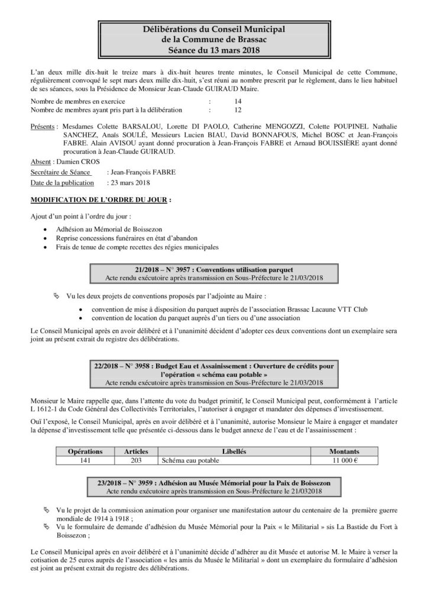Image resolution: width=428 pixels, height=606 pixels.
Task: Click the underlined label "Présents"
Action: point(43,127)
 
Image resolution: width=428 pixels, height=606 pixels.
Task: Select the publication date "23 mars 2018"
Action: point(129,182)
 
